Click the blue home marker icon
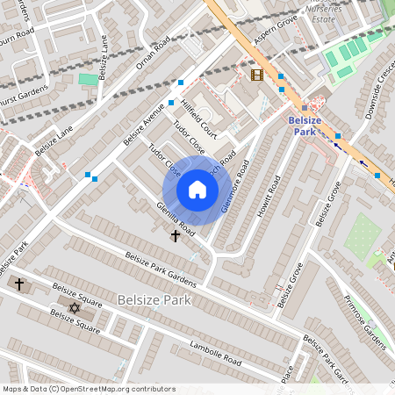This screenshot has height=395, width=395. [197, 190]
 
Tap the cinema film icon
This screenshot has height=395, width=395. [256, 75]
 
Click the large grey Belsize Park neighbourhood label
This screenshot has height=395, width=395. [154, 300]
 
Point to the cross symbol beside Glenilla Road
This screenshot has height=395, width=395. [175, 235]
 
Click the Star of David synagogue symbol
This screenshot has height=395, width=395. [74, 308]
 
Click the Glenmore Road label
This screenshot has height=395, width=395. [235, 188]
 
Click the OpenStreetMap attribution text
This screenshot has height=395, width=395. [89, 388]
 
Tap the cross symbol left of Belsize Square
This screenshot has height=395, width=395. [19, 284]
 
